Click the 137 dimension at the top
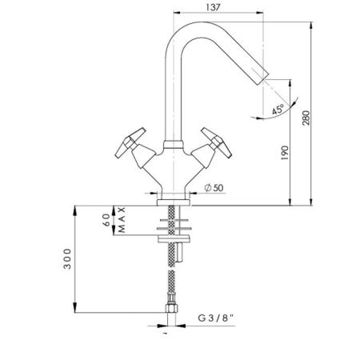click(214, 7)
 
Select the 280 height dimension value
click(306, 118)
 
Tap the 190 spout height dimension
click(285, 153)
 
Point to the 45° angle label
click(278, 110)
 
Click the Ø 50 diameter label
click(214, 188)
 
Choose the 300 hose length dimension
click(67, 258)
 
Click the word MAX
click(122, 220)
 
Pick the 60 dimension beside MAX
click(106, 220)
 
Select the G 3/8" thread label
click(216, 318)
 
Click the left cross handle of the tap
click(130, 142)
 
